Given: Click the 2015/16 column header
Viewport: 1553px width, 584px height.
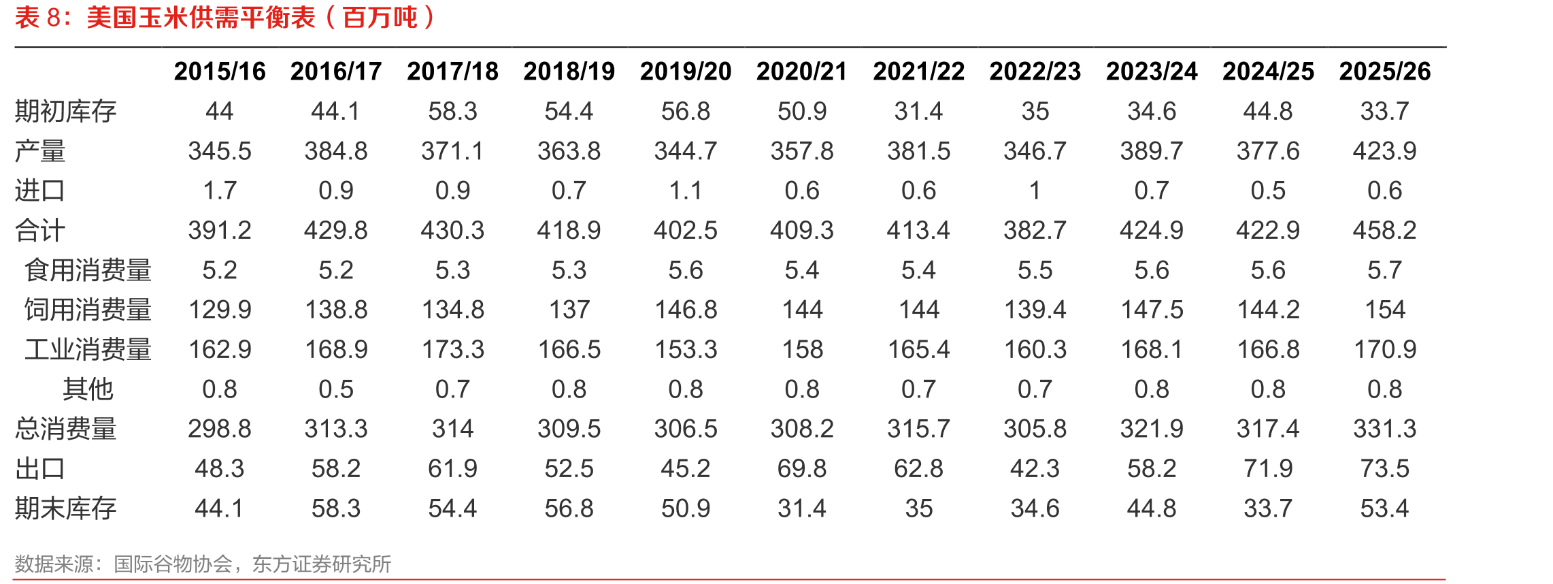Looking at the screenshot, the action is click(220, 71).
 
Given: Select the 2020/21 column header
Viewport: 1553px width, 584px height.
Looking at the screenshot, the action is click(802, 71).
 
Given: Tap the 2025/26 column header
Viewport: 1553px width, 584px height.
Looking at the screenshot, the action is click(1385, 71).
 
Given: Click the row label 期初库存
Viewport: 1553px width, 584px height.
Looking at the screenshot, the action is click(66, 111).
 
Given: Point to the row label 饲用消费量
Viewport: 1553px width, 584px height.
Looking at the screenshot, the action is click(88, 310).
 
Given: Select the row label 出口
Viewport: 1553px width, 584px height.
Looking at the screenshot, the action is click(40, 469).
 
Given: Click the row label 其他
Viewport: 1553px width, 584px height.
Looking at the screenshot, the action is click(88, 389).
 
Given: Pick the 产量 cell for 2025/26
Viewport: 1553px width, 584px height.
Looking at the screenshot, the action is click(1385, 151).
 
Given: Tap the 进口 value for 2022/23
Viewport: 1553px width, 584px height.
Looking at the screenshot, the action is click(1035, 191).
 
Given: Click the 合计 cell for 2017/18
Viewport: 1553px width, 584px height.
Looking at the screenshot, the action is click(452, 231).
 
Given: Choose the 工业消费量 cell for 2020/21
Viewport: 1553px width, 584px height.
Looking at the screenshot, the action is click(803, 350).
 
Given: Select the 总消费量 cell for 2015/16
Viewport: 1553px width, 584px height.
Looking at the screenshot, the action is click(220, 429).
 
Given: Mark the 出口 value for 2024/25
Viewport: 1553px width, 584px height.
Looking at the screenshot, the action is click(1268, 469).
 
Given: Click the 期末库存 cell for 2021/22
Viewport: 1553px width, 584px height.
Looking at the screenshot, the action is click(919, 508).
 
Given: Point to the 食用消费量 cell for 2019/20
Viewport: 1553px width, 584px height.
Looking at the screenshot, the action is click(686, 270).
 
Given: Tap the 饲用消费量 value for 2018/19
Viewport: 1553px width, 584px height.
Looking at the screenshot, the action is click(569, 310).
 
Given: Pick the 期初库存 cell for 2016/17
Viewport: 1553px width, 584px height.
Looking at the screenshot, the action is click(336, 111).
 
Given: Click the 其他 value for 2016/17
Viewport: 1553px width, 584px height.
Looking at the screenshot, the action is click(336, 389).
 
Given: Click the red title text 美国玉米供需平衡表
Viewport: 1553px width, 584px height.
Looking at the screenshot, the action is click(201, 18).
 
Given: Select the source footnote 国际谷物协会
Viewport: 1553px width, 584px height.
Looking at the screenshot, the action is click(173, 564).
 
